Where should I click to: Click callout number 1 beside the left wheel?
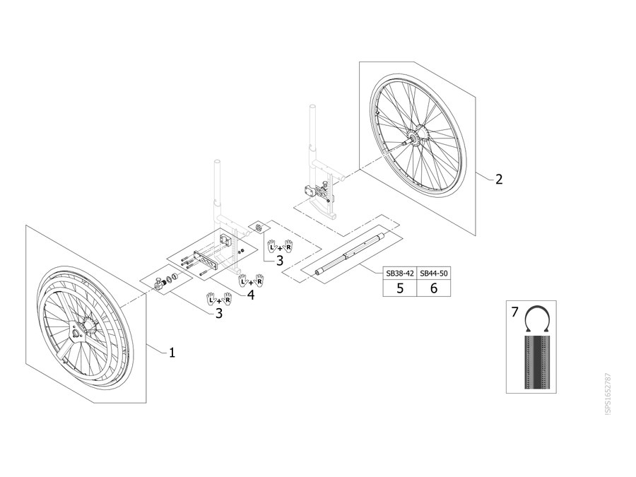pos(172,353)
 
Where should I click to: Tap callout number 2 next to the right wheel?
pos(499,179)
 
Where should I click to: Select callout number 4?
pos(251,295)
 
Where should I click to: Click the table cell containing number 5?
pos(400,288)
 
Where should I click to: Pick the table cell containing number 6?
pos(434,288)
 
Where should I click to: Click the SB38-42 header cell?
pos(400,273)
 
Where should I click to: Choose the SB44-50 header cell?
pos(434,273)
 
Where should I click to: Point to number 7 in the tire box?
pos(514,312)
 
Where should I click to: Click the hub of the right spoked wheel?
pos(416,139)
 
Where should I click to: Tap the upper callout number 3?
pos(280,260)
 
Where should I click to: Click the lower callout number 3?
pos(219,313)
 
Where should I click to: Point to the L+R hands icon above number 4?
pos(251,281)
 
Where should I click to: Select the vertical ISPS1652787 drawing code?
pos(608,394)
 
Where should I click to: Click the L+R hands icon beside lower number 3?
pos(219,300)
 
